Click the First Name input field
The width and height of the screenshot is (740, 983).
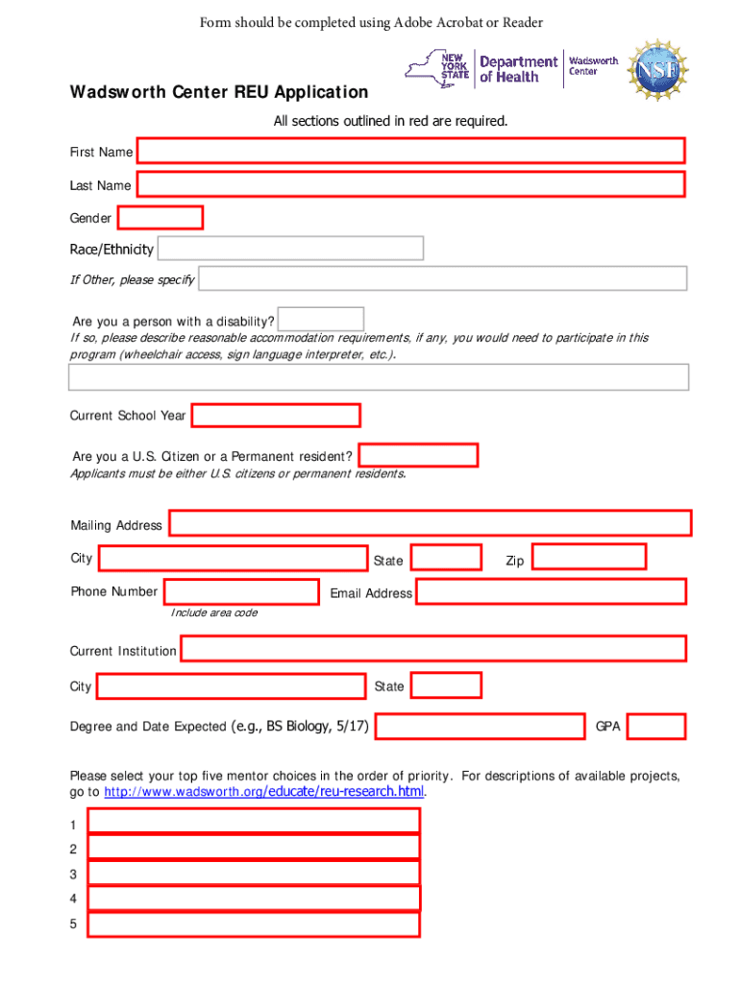(x=410, y=152)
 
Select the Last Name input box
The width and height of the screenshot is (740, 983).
(x=410, y=184)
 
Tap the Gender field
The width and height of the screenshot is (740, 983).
(x=160, y=218)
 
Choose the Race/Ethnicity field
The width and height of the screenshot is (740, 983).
(x=290, y=249)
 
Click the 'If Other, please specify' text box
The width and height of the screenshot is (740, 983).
(x=442, y=278)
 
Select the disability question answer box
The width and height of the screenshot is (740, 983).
(x=321, y=319)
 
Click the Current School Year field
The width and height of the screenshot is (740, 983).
(x=276, y=416)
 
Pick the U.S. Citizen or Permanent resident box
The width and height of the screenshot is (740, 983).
(x=418, y=455)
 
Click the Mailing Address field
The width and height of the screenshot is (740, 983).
(x=431, y=523)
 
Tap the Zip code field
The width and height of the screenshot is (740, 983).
(x=589, y=557)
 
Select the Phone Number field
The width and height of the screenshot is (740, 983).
(x=241, y=591)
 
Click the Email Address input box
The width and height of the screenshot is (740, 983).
(x=551, y=591)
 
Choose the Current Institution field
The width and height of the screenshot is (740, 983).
(x=433, y=649)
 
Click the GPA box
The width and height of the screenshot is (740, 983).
(x=656, y=727)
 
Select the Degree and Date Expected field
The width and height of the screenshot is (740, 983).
(x=480, y=727)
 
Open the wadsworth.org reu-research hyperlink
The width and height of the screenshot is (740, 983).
(x=263, y=792)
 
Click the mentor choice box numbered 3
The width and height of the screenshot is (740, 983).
(x=254, y=873)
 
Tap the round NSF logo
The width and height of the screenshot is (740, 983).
(x=657, y=68)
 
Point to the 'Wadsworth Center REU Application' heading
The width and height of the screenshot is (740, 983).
(x=218, y=93)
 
